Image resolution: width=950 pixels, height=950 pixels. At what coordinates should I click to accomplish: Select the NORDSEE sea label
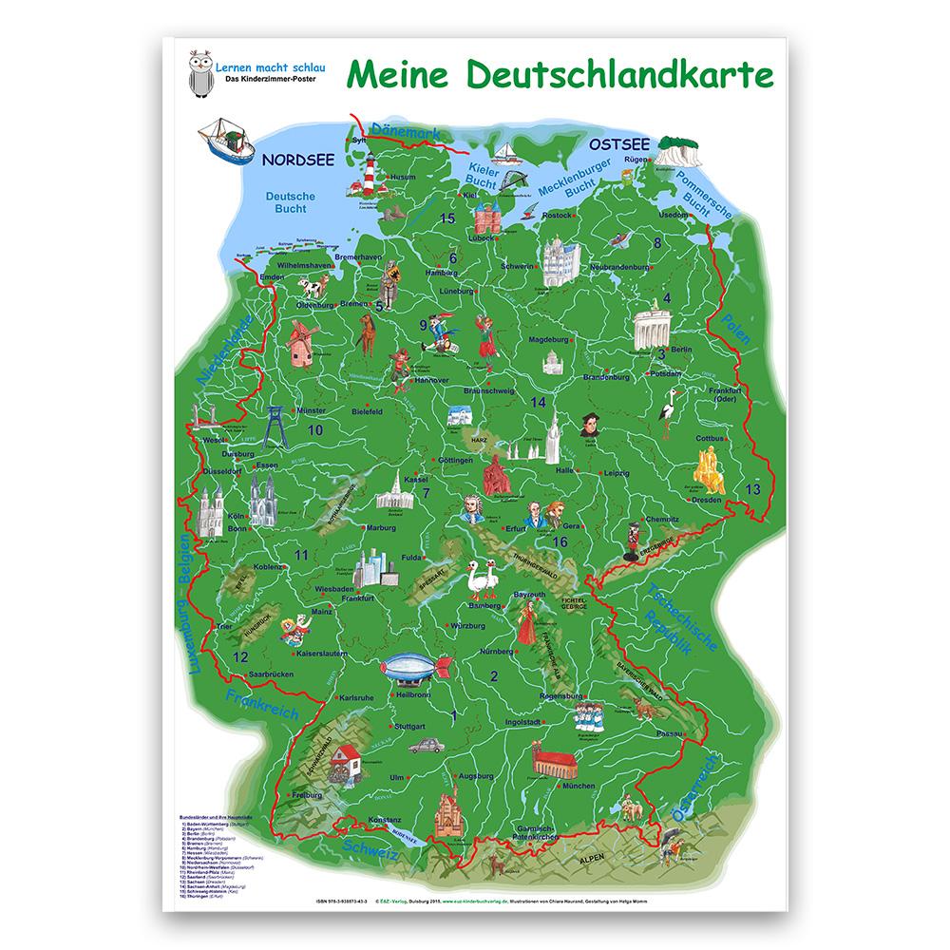tap(298, 160)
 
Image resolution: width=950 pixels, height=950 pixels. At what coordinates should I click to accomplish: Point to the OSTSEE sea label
tap(619, 144)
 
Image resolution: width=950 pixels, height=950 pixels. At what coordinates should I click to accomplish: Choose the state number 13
tap(752, 489)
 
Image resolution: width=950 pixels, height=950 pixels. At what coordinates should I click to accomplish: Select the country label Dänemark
tap(405, 133)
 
